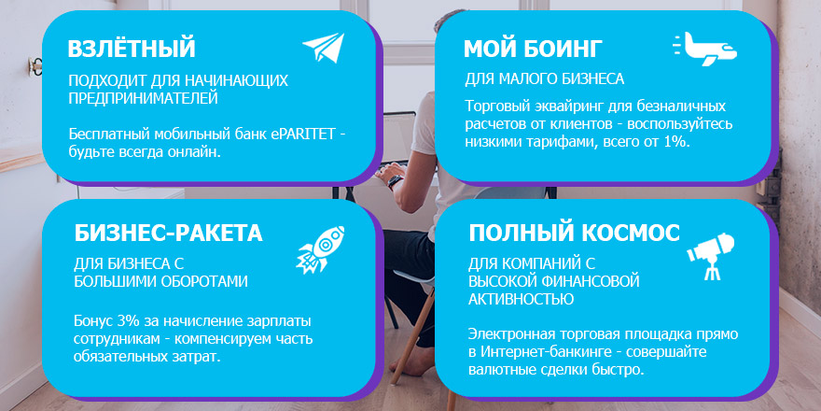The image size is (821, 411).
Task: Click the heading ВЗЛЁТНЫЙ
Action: tap(132, 49)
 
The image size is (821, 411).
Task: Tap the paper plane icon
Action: tap(323, 48)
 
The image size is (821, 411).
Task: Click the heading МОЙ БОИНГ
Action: tap(534, 49)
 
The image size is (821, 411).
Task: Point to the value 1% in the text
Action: tap(675, 141)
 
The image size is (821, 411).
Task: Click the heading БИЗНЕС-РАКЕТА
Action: tap(168, 233)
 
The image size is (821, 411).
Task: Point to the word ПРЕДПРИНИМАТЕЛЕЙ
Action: tap(144, 97)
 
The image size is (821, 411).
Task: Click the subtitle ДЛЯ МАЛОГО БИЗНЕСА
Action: tap(544, 78)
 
